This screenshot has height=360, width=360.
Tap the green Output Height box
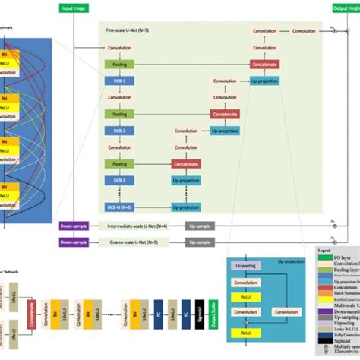click(346, 8)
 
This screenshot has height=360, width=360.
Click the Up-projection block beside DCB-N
click(186, 206)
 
